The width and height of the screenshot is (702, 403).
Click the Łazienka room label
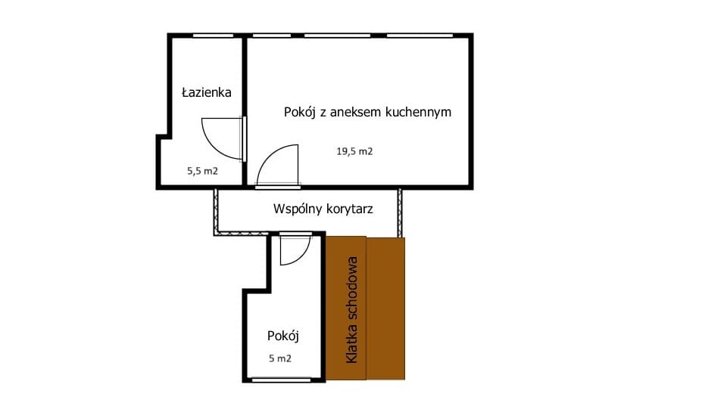coord(207,92)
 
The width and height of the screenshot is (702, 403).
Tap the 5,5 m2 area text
coord(202,171)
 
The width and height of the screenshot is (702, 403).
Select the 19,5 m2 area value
coord(354,151)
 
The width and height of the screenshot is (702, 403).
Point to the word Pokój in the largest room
coord(300,112)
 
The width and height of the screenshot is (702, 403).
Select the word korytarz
coord(350,209)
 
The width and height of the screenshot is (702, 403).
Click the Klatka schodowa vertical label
coord(352,310)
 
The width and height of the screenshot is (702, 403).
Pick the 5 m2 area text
coord(280,358)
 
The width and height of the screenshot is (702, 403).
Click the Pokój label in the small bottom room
coord(283,336)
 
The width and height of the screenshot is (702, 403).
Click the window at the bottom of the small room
coord(282,380)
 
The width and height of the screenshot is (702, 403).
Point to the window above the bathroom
coord(213,36)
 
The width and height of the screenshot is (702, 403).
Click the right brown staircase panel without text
coord(385,308)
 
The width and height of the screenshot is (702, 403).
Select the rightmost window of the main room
coord(420,36)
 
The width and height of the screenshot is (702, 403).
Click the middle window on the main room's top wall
coord(337,36)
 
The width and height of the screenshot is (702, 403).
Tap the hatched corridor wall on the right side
coord(401,212)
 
